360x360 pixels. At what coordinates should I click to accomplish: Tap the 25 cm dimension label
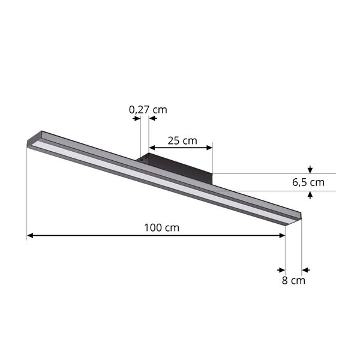pyautogui.click(x=182, y=141)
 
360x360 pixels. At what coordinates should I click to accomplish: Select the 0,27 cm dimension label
pyautogui.click(x=148, y=110)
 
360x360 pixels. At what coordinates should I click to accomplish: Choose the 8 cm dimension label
pyautogui.click(x=294, y=280)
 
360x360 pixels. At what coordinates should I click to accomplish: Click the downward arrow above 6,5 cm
pyautogui.click(x=310, y=170)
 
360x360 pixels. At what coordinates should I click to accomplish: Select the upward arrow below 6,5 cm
pyautogui.click(x=310, y=195)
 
